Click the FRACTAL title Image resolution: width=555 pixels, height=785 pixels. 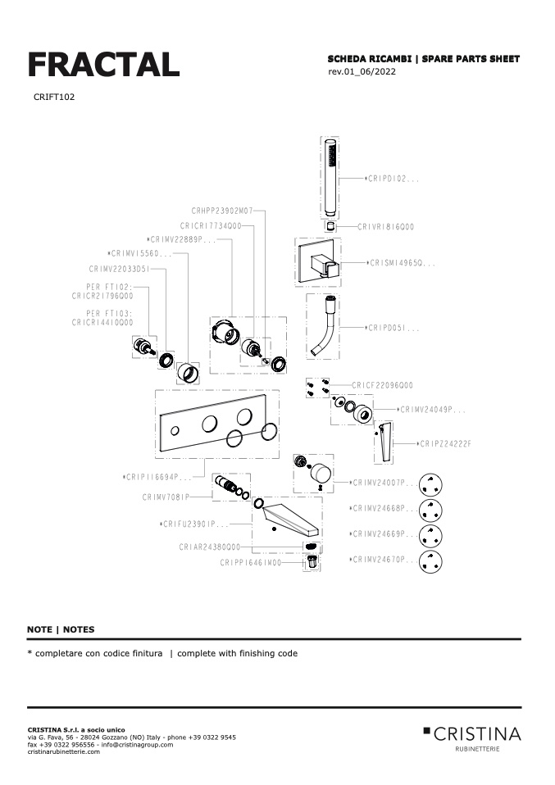[103, 64]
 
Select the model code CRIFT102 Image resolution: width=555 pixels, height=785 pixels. [55, 97]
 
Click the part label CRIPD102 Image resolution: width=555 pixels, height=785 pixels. [394, 178]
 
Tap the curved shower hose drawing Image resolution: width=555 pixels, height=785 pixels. [323, 328]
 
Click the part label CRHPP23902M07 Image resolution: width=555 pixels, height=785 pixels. [222, 211]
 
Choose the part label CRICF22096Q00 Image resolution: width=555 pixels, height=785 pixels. [382, 385]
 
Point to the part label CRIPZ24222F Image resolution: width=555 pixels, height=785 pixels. [445, 443]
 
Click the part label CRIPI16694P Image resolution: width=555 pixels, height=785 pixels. [161, 476]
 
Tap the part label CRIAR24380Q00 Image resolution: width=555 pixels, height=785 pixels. [210, 546]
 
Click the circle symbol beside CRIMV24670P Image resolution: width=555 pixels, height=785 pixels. [431, 561]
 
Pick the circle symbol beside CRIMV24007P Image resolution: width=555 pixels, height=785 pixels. [431, 484]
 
